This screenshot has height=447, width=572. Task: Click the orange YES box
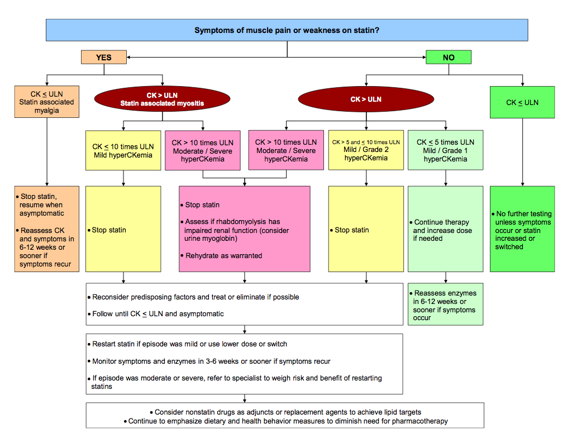coord(104,57)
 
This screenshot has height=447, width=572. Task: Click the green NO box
coord(449,57)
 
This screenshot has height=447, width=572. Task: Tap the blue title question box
coord(287,30)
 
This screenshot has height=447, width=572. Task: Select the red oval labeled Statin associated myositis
coord(163,99)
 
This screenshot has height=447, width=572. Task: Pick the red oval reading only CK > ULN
coord(366,99)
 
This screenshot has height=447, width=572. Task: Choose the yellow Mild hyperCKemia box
coord(122,150)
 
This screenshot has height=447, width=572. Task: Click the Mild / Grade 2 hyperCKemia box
coord(366,150)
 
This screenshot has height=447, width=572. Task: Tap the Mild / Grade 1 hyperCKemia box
coord(445,150)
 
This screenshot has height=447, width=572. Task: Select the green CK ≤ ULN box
coord(522,102)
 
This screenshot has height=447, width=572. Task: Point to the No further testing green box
coord(522,229)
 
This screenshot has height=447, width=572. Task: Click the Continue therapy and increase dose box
coord(445,230)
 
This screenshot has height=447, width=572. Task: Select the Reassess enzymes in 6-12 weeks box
coord(445,305)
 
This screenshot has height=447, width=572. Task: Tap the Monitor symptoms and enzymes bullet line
coord(211,361)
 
